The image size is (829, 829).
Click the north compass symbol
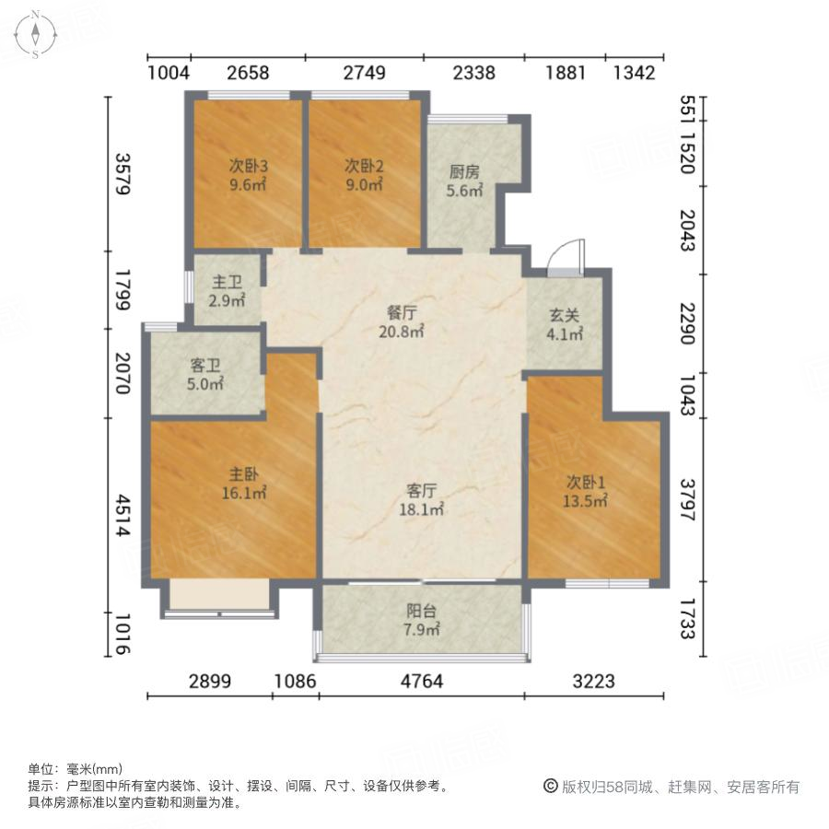[x=34, y=34]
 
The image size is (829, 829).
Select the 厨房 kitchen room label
[x=464, y=172]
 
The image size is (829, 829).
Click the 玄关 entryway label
[x=565, y=318]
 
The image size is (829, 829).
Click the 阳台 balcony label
[x=423, y=612]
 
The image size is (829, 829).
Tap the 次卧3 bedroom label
[x=248, y=167]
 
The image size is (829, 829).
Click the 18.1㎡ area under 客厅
[x=423, y=508]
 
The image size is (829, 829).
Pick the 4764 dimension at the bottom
[x=422, y=682]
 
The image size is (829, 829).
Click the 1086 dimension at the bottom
[x=296, y=682]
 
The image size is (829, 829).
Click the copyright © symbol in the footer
[x=551, y=787]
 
